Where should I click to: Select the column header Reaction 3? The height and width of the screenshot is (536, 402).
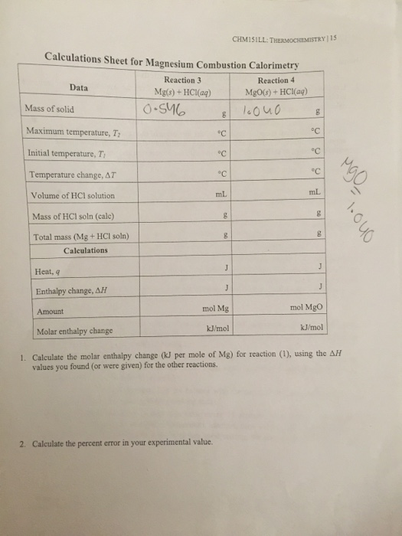(x=181, y=80)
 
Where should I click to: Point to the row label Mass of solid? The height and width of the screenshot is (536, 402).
(x=50, y=109)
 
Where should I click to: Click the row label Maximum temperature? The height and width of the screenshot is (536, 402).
(x=64, y=131)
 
